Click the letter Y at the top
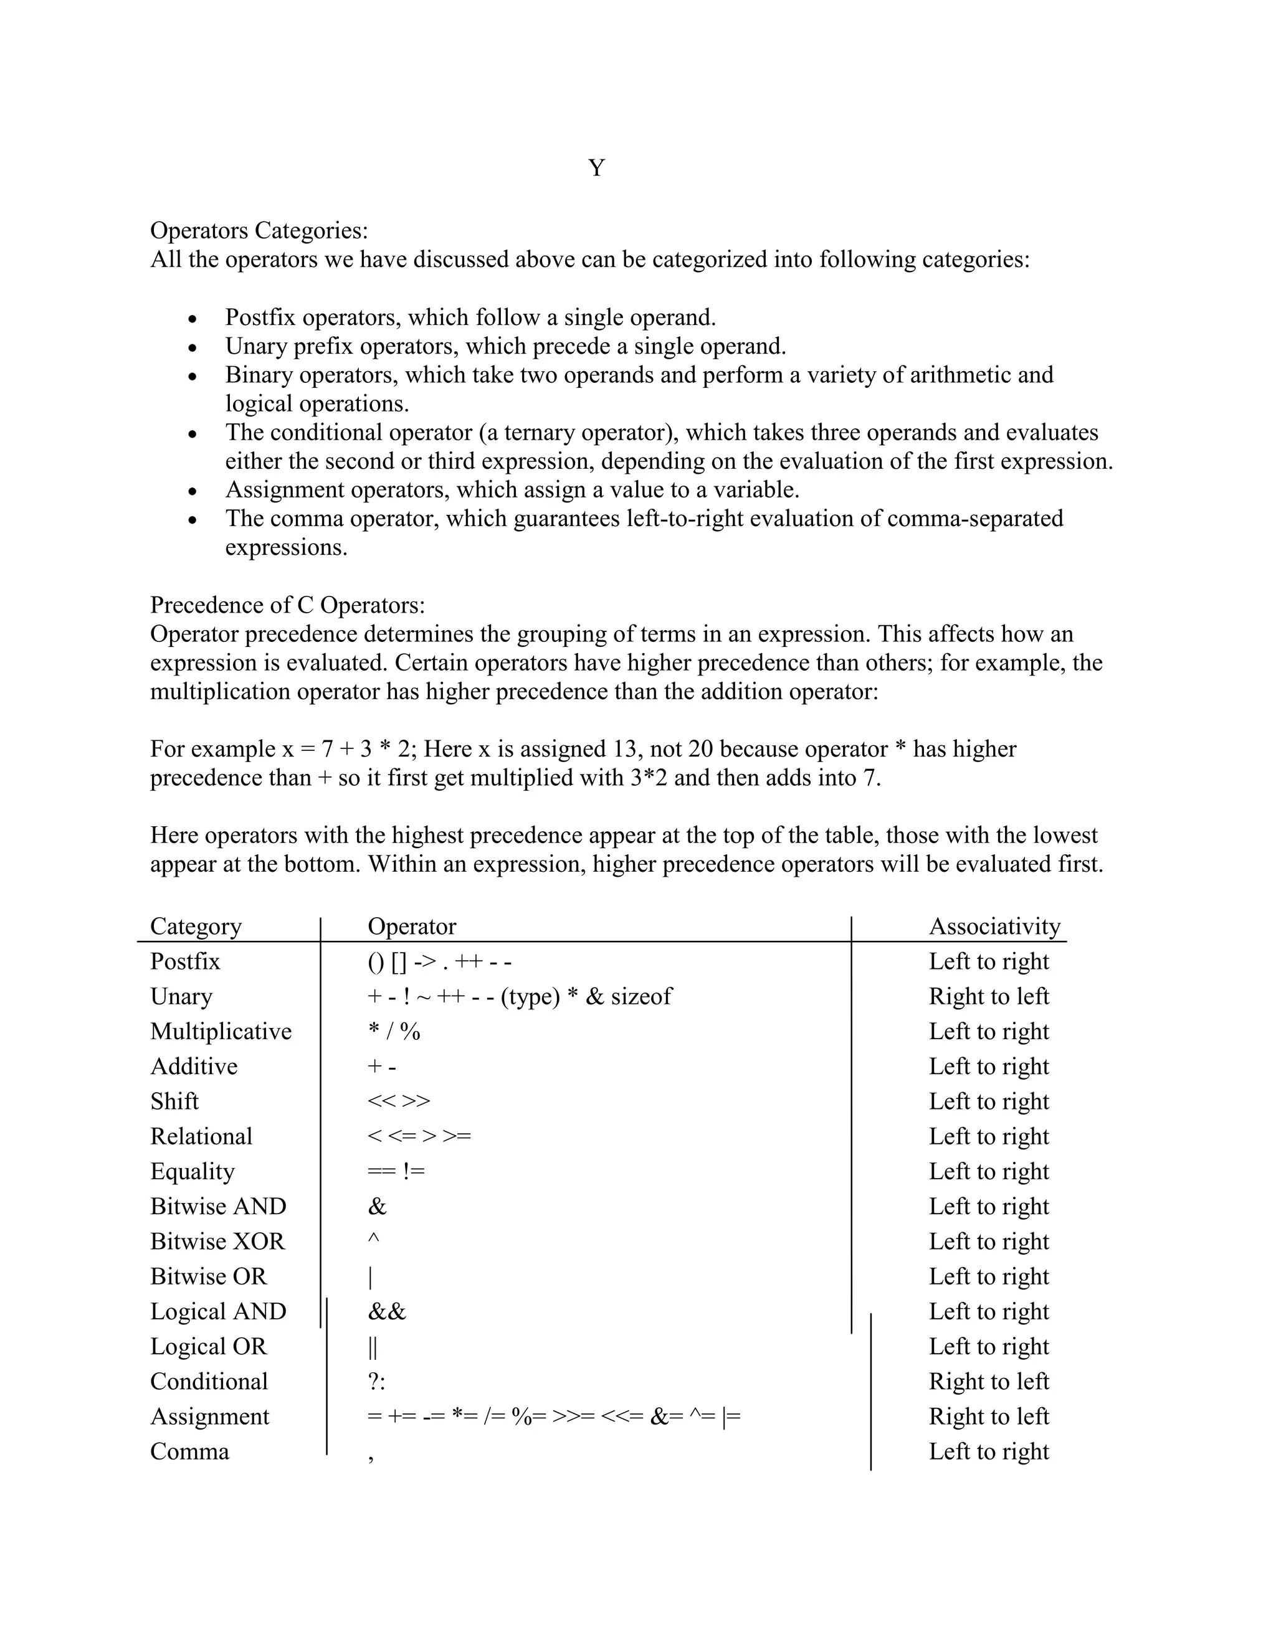[596, 167]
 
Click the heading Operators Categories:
[259, 230]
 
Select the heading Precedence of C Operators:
[287, 605]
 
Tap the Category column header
[196, 926]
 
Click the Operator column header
[411, 926]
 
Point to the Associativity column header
[994, 926]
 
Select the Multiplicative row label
[221, 1031]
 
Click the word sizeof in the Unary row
[641, 996]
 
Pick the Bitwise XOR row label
[217, 1242]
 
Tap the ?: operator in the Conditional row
[376, 1381]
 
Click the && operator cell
[387, 1311]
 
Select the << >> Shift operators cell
[398, 1101]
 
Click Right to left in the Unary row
[989, 996]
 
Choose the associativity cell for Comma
[989, 1451]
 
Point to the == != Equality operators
[396, 1171]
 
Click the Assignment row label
[209, 1417]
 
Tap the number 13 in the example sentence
[619, 748]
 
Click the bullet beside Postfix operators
[193, 319]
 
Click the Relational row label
[201, 1136]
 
